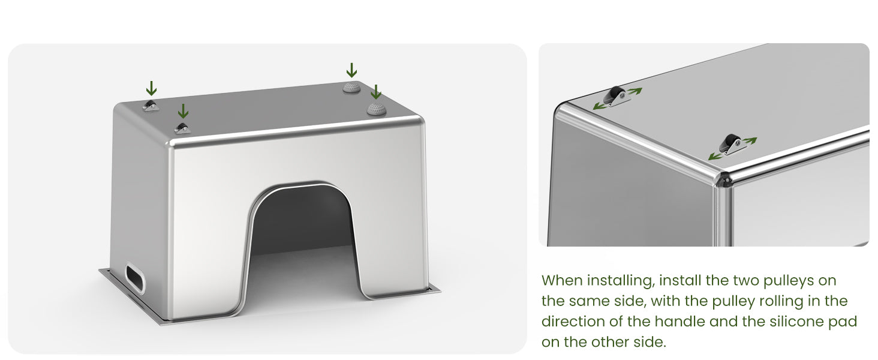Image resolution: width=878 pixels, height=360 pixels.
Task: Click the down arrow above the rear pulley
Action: (x=151, y=88)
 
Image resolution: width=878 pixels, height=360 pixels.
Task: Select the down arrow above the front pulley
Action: (x=183, y=111)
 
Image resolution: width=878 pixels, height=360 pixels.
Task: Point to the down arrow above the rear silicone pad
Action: (x=351, y=70)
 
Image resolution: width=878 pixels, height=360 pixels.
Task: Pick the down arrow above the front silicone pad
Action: (x=376, y=92)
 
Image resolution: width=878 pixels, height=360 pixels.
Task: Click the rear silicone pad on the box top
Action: (x=351, y=88)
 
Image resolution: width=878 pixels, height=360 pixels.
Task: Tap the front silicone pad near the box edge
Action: (x=376, y=109)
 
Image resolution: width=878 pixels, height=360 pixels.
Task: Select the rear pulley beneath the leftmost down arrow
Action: (x=151, y=106)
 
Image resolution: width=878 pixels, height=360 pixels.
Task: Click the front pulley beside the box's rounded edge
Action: (x=182, y=128)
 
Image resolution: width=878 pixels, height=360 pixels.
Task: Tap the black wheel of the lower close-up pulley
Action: (x=730, y=142)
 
